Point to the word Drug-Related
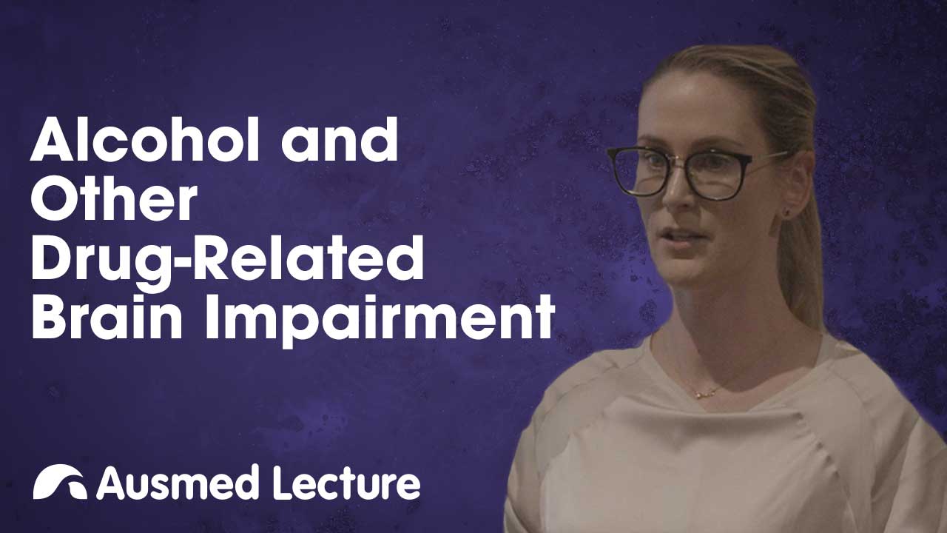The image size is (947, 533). click(227, 257)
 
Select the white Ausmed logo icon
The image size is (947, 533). click(59, 482)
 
